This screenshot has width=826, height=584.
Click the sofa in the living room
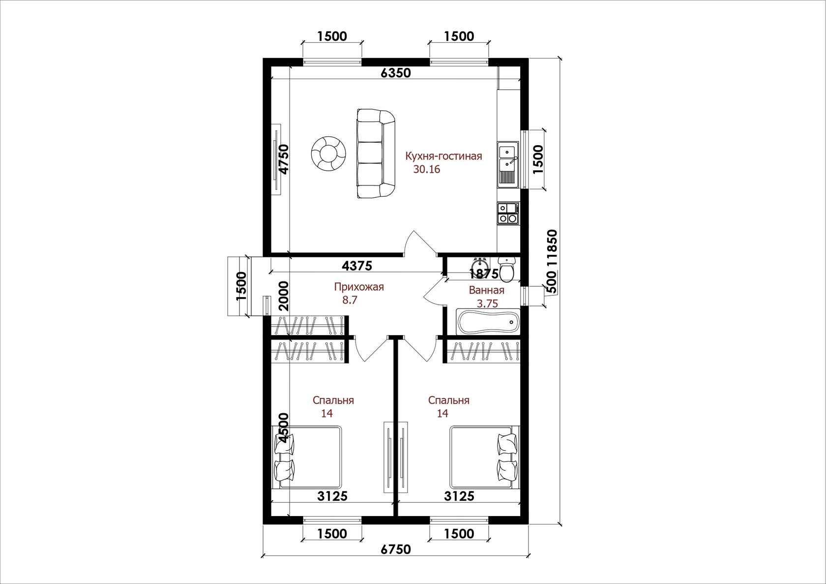coord(377,154)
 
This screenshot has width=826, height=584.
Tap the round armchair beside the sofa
coord(328,154)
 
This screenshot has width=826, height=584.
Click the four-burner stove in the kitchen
coord(508,214)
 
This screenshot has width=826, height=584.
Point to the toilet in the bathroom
coord(507,268)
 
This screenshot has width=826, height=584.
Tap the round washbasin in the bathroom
coord(480,266)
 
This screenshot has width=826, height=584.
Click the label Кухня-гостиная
coord(443,156)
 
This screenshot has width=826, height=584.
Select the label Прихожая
coord(359,287)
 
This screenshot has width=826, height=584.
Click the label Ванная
coord(487,290)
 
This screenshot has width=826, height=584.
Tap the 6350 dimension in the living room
coord(396,73)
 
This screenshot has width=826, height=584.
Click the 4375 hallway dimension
coord(357,266)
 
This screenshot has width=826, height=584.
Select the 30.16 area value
coord(427,169)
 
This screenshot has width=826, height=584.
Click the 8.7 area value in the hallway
coord(350,300)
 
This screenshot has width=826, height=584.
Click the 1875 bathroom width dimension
coord(483,274)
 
